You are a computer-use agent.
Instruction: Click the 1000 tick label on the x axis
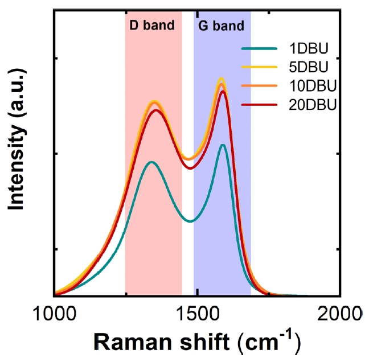[x=54, y=312]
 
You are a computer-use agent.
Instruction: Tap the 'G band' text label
[x=221, y=26]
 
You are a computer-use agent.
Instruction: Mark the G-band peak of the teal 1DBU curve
[x=223, y=145]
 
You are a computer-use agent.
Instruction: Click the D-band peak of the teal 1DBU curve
[x=151, y=162]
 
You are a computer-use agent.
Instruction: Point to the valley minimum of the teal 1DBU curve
[x=191, y=221]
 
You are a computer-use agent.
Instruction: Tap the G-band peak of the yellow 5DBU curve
[x=222, y=78]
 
